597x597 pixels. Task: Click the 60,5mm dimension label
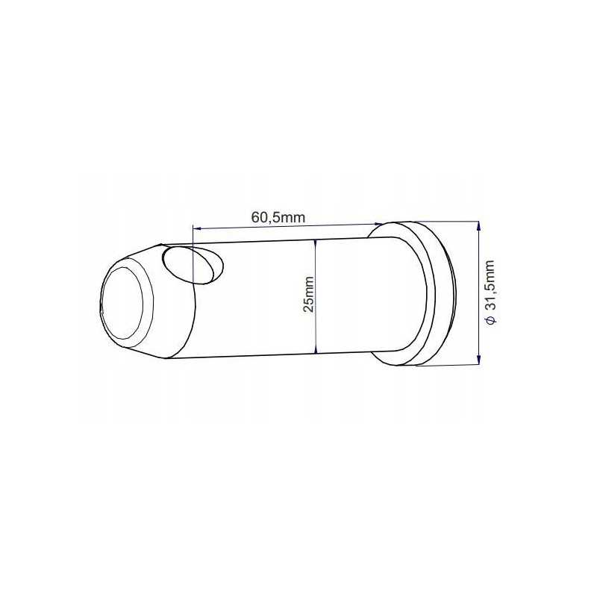coord(278,217)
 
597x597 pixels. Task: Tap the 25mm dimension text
coord(309,295)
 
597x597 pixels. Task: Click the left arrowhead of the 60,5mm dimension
coord(196,228)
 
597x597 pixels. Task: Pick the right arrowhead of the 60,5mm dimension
coord(378,225)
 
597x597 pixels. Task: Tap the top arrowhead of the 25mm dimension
coord(315,243)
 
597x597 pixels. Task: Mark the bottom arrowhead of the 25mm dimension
coord(315,350)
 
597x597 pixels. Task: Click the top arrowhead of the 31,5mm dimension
coord(478,226)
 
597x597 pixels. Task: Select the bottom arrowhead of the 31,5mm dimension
coord(478,360)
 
